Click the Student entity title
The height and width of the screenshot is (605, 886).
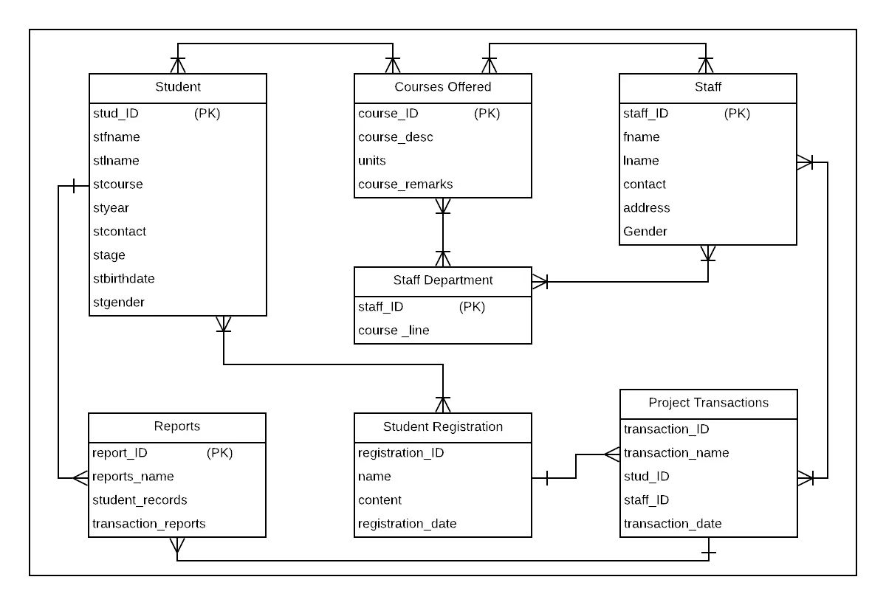coord(177,87)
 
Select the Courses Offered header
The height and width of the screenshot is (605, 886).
coord(442,87)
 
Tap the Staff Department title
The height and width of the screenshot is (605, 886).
coord(442,280)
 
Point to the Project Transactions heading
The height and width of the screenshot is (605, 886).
coord(708,403)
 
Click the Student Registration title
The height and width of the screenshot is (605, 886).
coord(442,426)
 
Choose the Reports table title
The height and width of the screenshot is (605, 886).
coord(177,426)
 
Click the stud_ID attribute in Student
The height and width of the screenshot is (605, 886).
coord(116,114)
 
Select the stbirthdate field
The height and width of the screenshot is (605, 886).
coord(123,279)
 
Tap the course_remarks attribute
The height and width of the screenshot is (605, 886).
coord(405,184)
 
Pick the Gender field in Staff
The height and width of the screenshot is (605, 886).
coord(645,232)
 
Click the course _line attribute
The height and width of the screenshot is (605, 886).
coord(394,331)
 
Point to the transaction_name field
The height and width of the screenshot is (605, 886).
coord(676,453)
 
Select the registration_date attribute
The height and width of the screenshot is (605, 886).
coord(407,524)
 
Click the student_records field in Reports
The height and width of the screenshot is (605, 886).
coord(140,500)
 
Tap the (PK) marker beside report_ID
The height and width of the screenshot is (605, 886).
coord(219,453)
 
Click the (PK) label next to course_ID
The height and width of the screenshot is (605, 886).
coord(487,114)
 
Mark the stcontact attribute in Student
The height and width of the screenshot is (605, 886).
coord(120,232)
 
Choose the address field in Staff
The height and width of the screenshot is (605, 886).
coord(646,208)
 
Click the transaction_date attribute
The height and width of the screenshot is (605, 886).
coord(672,524)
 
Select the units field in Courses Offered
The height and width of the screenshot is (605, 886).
coord(372,161)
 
